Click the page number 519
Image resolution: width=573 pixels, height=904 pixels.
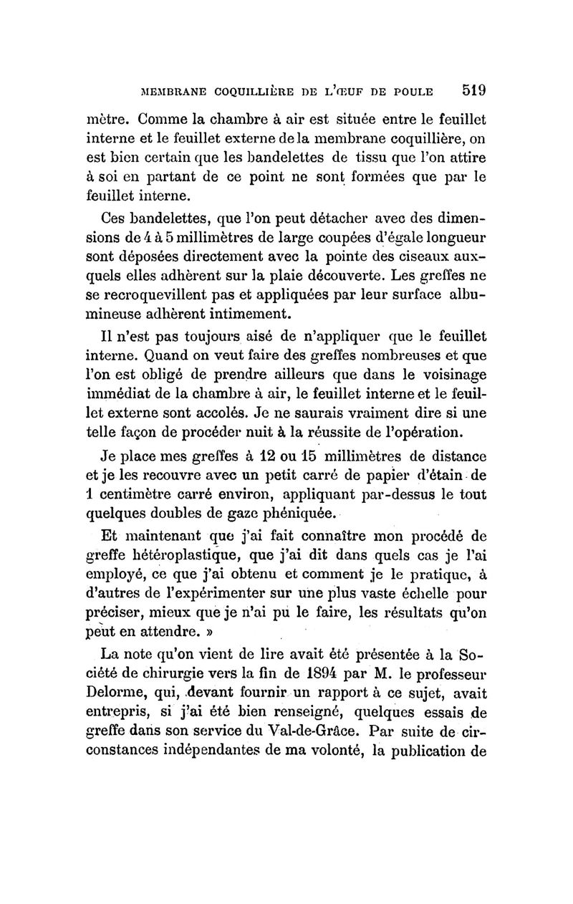coord(475,90)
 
